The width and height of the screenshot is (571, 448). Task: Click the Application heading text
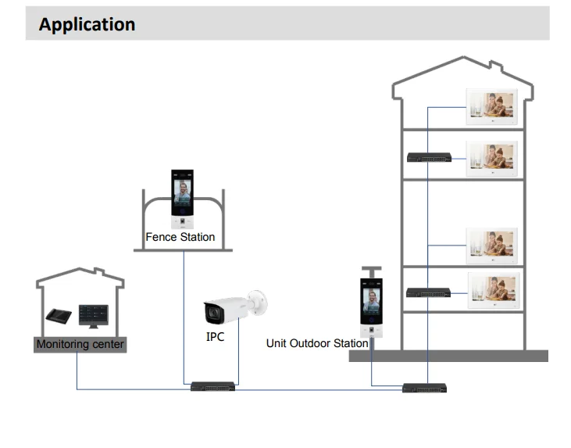[x=87, y=24]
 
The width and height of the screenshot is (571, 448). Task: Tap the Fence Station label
[x=180, y=237]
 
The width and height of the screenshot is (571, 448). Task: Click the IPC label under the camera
[x=216, y=337]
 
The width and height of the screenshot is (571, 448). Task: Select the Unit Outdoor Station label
[x=317, y=343]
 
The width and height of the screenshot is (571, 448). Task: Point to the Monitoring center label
[x=80, y=344]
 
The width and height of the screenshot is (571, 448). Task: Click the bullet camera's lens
[x=214, y=313]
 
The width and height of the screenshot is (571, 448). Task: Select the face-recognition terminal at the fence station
[x=183, y=199]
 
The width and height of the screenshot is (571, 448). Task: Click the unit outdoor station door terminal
[x=372, y=308]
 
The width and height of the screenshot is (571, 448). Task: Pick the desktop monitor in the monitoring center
[x=94, y=316]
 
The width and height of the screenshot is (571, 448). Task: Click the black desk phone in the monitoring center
[x=59, y=316]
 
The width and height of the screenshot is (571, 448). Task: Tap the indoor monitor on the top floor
[x=491, y=106]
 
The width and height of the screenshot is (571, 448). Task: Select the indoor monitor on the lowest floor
[x=494, y=290]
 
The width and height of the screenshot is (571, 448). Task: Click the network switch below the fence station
[x=212, y=386]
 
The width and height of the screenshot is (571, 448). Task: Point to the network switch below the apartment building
[x=424, y=388]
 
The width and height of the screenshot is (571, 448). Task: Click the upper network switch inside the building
[x=429, y=157]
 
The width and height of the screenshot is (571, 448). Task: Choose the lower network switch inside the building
[x=428, y=292]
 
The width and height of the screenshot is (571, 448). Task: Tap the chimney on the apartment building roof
[x=496, y=66]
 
